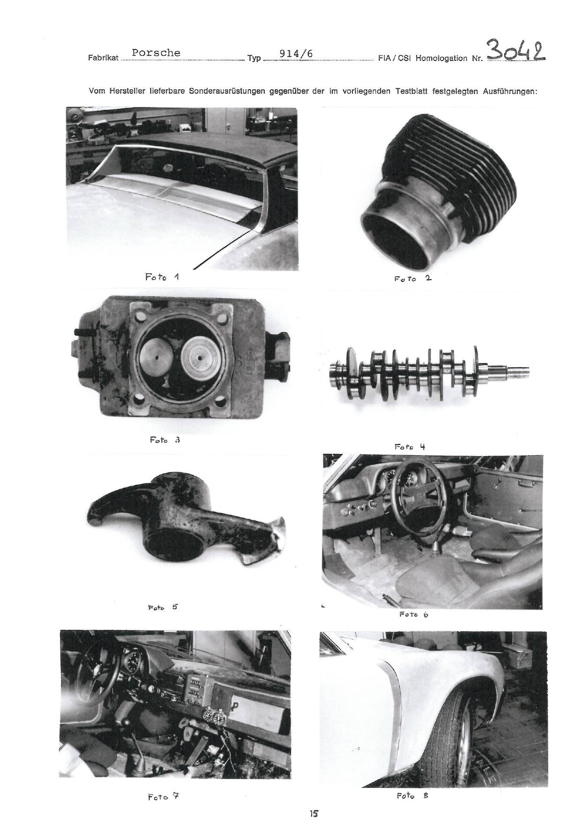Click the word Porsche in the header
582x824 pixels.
click(x=156, y=53)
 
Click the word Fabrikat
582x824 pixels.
click(x=103, y=59)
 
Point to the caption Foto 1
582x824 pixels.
click(x=162, y=277)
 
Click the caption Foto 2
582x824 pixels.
click(x=413, y=278)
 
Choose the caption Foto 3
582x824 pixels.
click(x=165, y=440)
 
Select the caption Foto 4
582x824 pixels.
click(x=410, y=446)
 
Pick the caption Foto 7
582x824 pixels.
click(x=163, y=797)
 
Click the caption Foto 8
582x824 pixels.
click(x=413, y=796)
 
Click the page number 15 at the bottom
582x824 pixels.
click(x=314, y=813)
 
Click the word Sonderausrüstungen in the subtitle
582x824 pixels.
click(x=227, y=92)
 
